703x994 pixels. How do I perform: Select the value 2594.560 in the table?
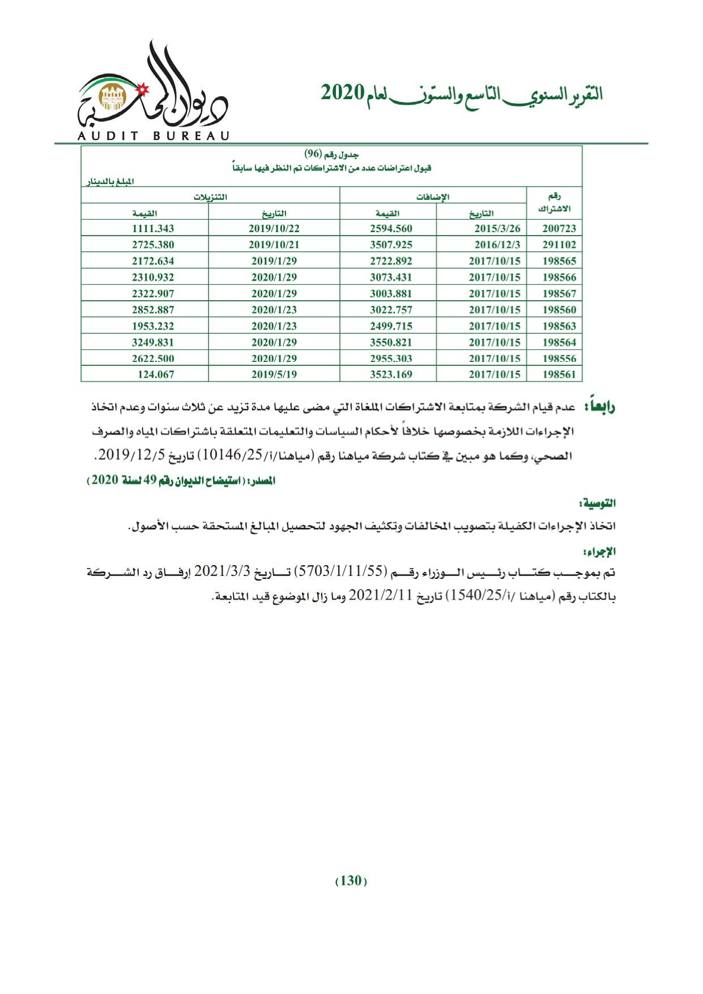[x=391, y=229]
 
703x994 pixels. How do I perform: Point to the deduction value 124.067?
[x=156, y=374]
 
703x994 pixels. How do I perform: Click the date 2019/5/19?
[x=274, y=374]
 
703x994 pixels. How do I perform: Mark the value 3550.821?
[x=391, y=342]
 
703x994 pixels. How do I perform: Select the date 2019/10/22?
[x=274, y=229]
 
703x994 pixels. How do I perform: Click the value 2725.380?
[x=153, y=245]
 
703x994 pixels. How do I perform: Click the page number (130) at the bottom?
[x=351, y=881]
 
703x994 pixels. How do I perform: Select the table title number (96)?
[x=313, y=154]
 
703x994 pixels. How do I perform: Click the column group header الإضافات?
[x=433, y=197]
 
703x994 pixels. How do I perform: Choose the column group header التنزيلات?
[x=210, y=197]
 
